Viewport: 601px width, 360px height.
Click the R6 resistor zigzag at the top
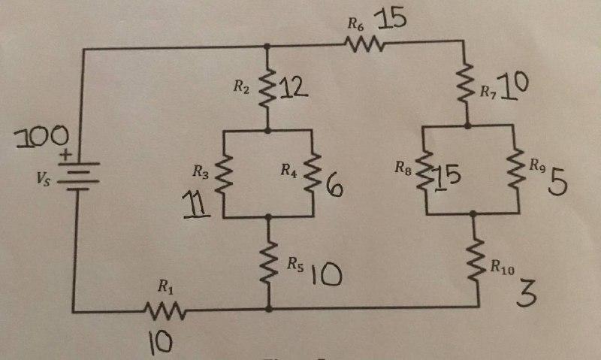coord(366,47)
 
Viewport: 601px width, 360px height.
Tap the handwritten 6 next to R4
coord(334,184)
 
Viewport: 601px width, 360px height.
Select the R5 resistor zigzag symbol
coord(268,262)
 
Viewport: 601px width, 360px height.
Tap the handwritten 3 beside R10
coord(527,292)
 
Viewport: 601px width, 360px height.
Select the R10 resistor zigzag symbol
coord(476,259)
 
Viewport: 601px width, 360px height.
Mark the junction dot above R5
coord(268,216)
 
